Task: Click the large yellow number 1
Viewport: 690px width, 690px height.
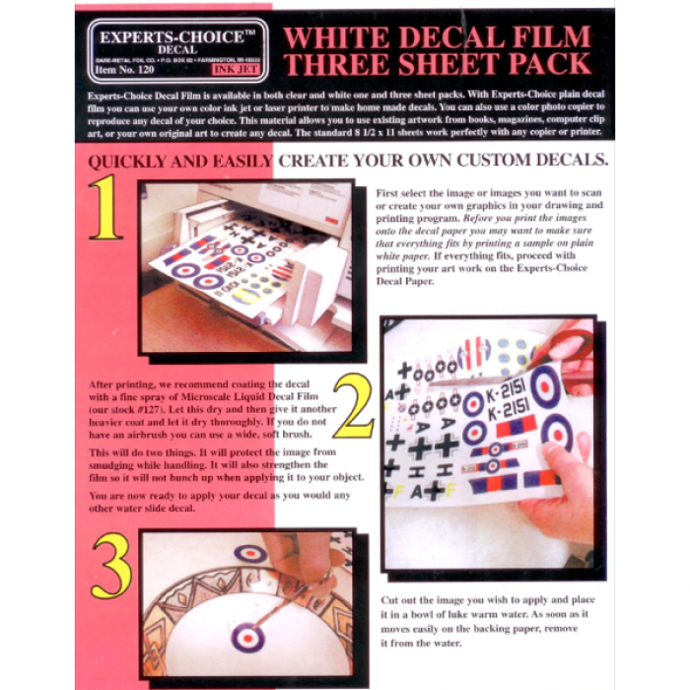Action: pos(104,208)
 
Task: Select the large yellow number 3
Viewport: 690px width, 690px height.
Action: pos(110,568)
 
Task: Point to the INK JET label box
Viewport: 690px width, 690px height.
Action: pos(236,70)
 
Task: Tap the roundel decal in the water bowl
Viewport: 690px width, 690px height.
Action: pos(247,636)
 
